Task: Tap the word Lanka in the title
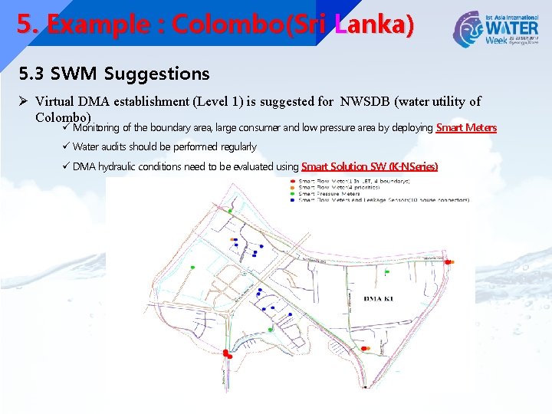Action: [x=376, y=25]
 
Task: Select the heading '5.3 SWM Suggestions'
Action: [x=114, y=74]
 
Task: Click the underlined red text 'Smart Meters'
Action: [x=466, y=128]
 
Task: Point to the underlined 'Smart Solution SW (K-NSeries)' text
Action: [x=370, y=166]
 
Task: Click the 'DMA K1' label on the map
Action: [x=378, y=298]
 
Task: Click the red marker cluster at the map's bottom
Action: [x=227, y=353]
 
